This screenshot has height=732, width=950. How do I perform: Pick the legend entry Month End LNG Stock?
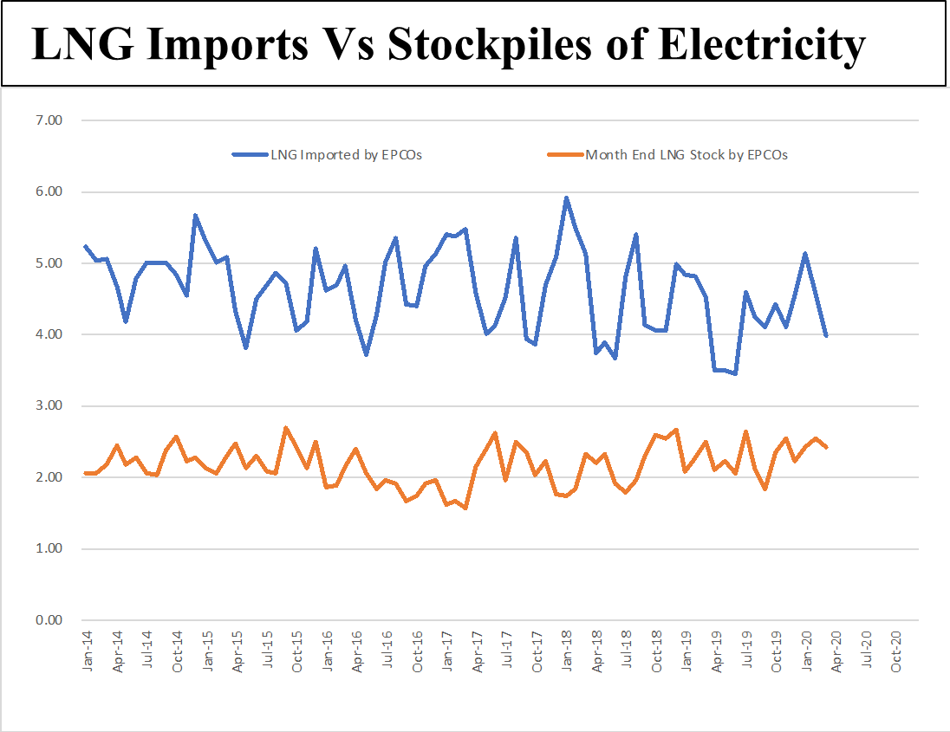coord(686,155)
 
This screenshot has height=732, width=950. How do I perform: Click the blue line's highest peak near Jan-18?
coord(566,198)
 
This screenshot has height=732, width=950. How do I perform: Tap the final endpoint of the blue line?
coord(826,335)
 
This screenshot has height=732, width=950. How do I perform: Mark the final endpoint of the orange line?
coord(826,447)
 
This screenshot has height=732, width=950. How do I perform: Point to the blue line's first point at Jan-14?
coord(85,246)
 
